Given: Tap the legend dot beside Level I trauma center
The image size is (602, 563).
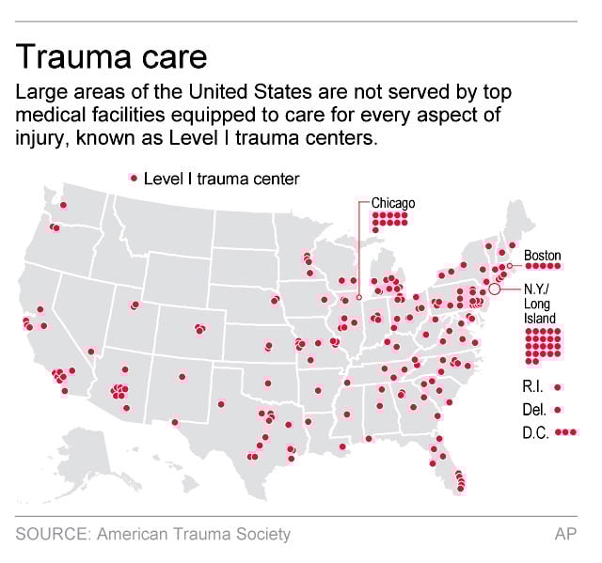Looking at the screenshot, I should [x=134, y=179].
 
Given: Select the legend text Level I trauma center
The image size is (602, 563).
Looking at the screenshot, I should [x=221, y=179].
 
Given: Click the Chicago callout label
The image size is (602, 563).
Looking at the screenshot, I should [x=393, y=202].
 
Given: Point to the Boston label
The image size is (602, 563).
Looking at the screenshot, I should [x=542, y=255].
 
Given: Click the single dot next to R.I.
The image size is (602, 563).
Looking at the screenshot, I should [x=559, y=386].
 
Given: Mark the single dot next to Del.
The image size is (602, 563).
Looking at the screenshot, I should [x=559, y=409].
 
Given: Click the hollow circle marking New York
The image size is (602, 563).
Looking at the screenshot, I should [x=495, y=290].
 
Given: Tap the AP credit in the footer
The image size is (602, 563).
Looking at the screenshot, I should [x=566, y=535].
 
